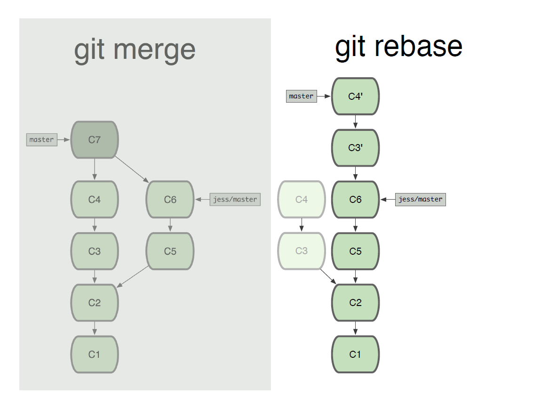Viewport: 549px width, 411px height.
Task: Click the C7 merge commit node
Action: click(x=95, y=139)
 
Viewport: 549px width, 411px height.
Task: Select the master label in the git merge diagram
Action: click(x=42, y=139)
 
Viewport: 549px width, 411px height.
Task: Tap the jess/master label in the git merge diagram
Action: click(x=235, y=199)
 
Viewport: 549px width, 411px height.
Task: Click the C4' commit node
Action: click(x=355, y=97)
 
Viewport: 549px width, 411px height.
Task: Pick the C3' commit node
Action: click(x=355, y=148)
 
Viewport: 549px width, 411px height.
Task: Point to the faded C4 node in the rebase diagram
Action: click(x=302, y=199)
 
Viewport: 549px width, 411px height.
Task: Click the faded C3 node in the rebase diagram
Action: click(x=302, y=251)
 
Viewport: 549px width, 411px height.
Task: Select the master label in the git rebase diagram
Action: click(x=302, y=96)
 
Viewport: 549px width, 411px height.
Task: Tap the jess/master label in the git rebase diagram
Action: click(x=421, y=199)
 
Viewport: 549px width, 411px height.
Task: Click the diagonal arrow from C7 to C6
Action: click(x=132, y=169)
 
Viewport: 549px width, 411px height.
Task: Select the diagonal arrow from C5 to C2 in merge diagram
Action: click(x=132, y=277)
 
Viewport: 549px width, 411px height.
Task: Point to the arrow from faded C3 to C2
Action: click(x=328, y=276)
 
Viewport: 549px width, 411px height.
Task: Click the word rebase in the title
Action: click(x=418, y=47)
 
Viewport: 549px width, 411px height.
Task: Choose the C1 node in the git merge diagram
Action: click(x=95, y=354)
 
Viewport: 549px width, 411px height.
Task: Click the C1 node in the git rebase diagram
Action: click(x=355, y=354)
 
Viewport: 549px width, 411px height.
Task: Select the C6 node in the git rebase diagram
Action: click(x=355, y=199)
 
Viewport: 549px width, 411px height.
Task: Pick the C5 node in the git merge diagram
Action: click(x=170, y=251)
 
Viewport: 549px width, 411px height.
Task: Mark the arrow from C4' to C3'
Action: click(x=355, y=122)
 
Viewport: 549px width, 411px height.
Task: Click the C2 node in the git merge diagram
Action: click(x=95, y=302)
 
